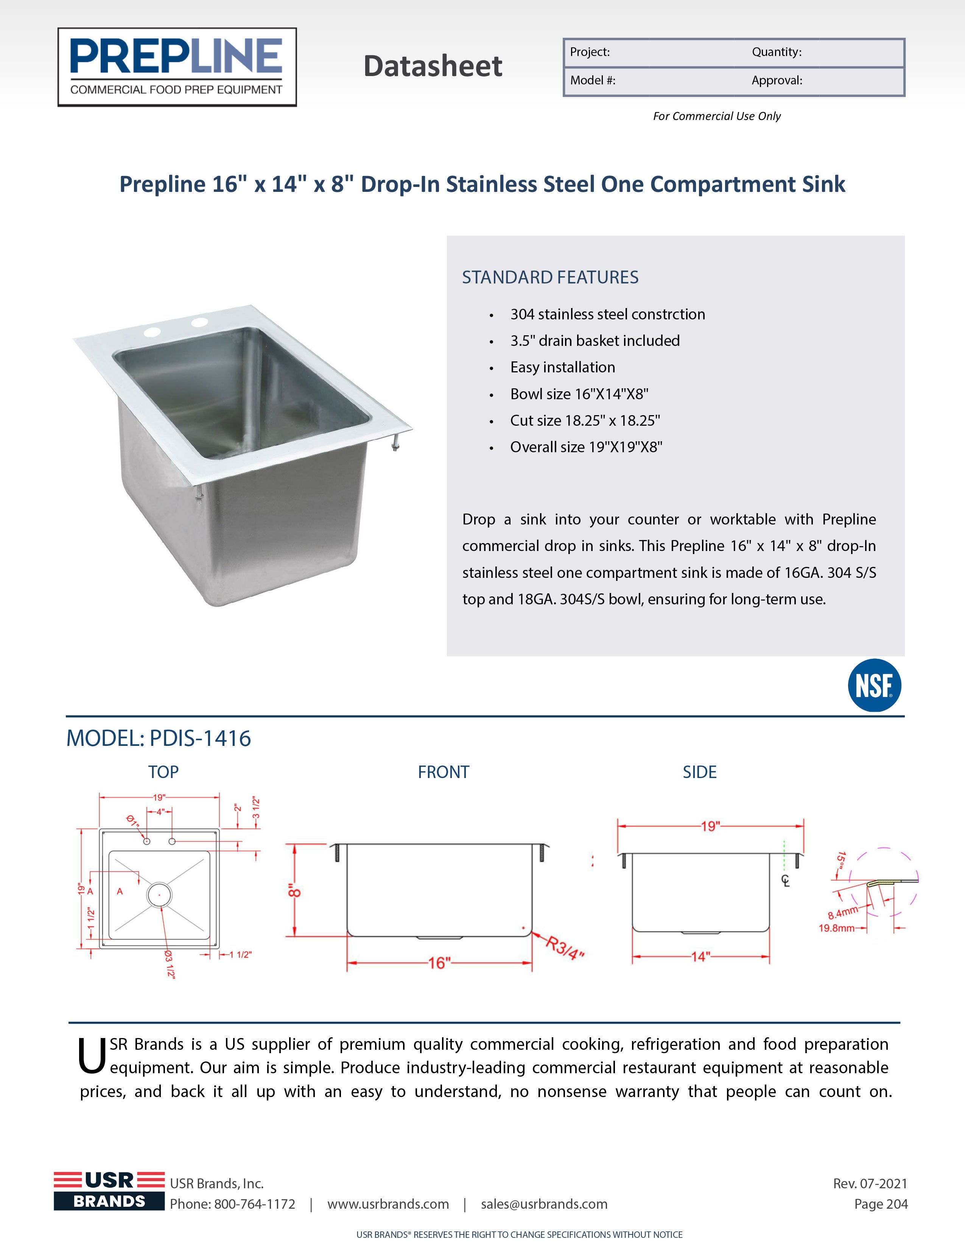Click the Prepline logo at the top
177,67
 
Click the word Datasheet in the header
433,66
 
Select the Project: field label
590,52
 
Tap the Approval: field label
777,81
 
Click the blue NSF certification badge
874,685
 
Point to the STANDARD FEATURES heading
550,277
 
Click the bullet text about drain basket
595,341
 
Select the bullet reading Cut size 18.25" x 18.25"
585,421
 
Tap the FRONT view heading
444,772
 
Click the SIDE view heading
699,772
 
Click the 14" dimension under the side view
700,957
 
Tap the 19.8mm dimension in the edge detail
836,928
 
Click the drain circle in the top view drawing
159,895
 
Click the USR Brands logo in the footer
109,1191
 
